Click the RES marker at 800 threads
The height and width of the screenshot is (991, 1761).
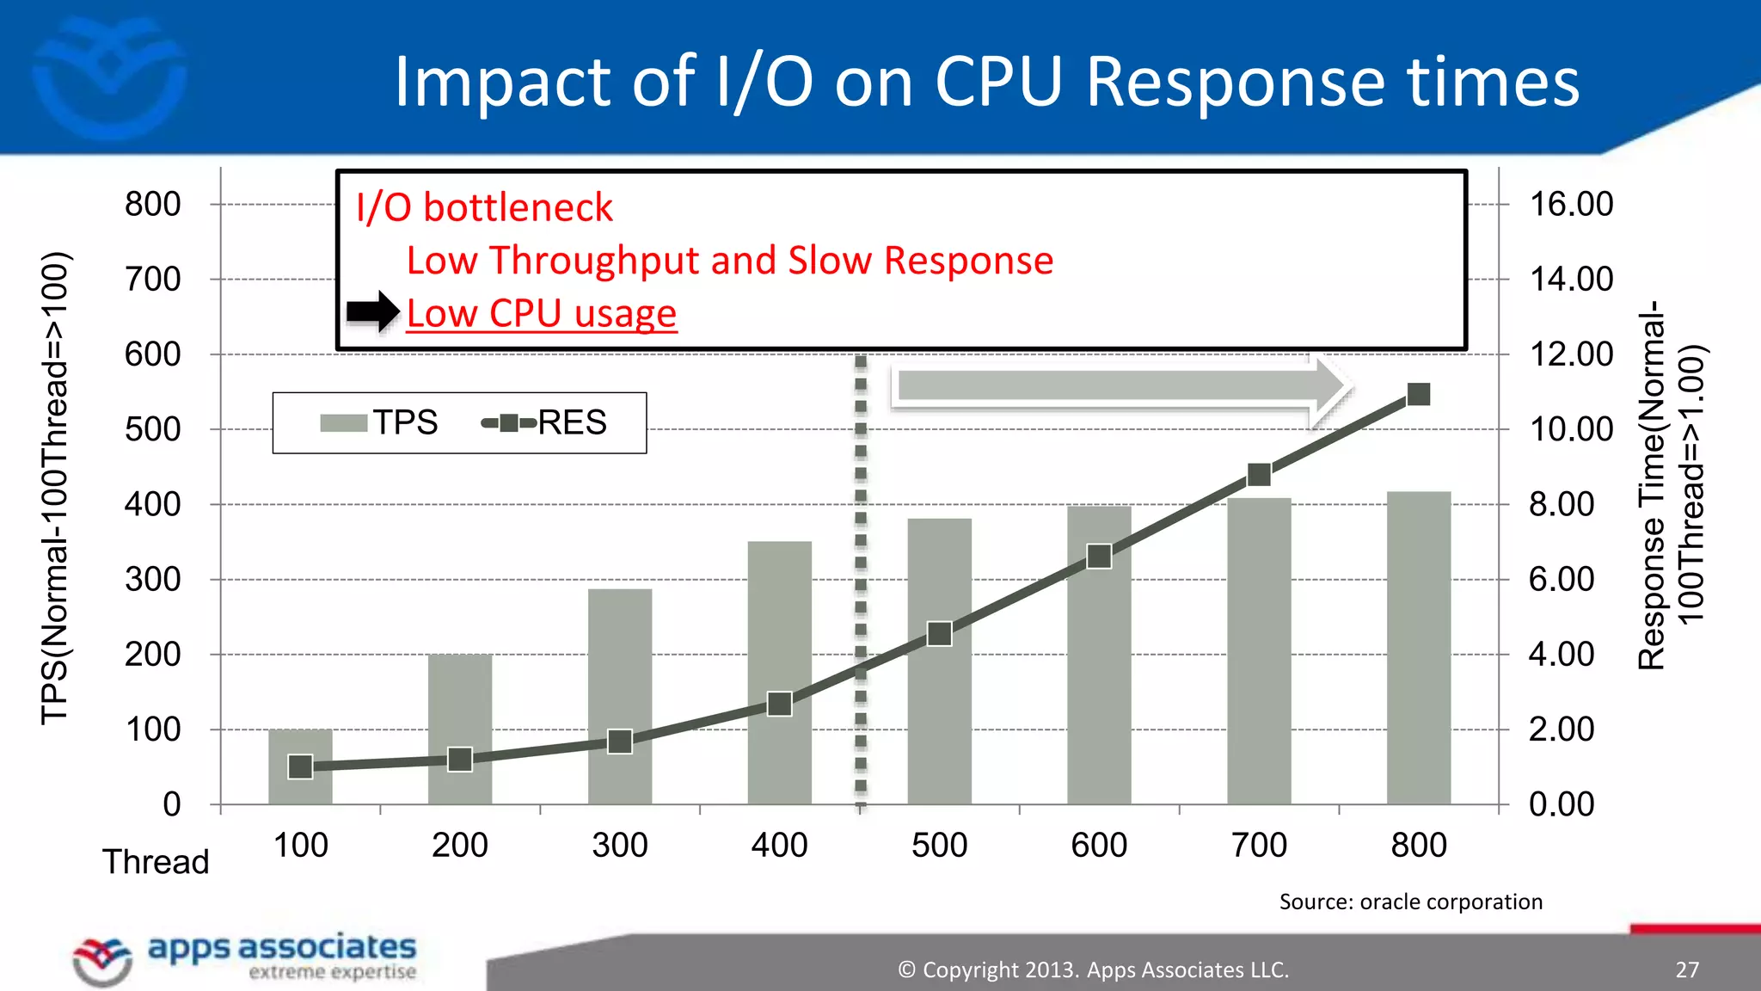click(x=1419, y=395)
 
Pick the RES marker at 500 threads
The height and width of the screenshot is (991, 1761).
click(x=940, y=635)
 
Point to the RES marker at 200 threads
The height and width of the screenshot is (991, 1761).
click(x=460, y=760)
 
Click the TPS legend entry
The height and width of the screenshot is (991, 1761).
click(x=378, y=422)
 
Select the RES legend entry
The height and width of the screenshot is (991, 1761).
click(x=544, y=422)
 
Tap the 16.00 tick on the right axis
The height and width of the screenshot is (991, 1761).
click(x=1571, y=205)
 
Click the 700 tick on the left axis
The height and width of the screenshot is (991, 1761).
click(x=153, y=280)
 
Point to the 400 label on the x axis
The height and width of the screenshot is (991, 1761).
click(x=779, y=845)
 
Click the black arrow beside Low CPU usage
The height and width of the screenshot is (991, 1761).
click(x=372, y=311)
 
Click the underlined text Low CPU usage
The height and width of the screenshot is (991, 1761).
click(x=542, y=313)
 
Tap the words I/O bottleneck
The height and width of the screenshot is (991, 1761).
click(x=484, y=207)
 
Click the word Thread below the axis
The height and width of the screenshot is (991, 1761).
click(x=156, y=862)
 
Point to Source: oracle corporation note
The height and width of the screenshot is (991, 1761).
click(x=1410, y=902)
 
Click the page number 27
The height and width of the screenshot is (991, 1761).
click(x=1687, y=969)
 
